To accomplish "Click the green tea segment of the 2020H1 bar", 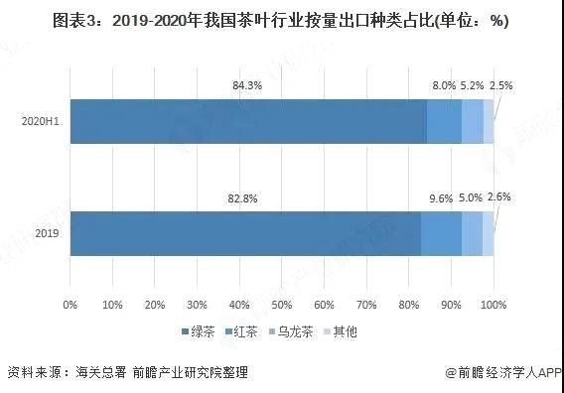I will click(248, 121).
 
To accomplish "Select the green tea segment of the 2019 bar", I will click(245, 233).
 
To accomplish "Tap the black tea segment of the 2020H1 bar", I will click(444, 121).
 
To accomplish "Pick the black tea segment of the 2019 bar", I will click(441, 233).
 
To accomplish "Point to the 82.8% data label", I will click(242, 198).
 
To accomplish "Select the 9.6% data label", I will click(441, 198).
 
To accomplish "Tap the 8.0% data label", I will click(444, 85).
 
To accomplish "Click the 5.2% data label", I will click(473, 85).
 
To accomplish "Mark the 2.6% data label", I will click(499, 196).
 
